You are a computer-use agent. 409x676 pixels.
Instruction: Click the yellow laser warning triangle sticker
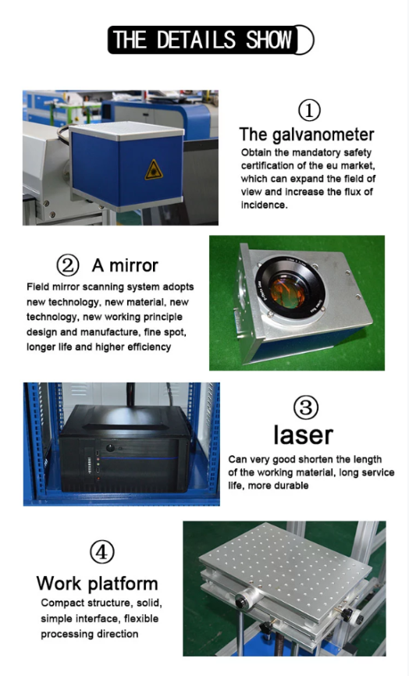point(154,170)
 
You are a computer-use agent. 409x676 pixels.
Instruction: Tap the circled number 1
point(309,110)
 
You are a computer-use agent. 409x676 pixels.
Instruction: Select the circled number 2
point(68,265)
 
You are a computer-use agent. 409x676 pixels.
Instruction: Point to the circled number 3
point(305,407)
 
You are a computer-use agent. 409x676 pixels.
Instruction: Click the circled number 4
point(102,551)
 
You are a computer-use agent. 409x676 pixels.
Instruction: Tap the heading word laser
point(303,435)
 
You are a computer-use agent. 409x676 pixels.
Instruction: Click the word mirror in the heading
point(133,265)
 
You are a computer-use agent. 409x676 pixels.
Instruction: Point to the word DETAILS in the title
point(196,40)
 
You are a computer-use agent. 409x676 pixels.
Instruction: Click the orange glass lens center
point(287,293)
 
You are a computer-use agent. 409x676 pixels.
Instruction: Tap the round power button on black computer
point(110,447)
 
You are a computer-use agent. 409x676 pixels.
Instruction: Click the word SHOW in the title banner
point(269,40)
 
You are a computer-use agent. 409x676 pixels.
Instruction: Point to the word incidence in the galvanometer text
point(264,205)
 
